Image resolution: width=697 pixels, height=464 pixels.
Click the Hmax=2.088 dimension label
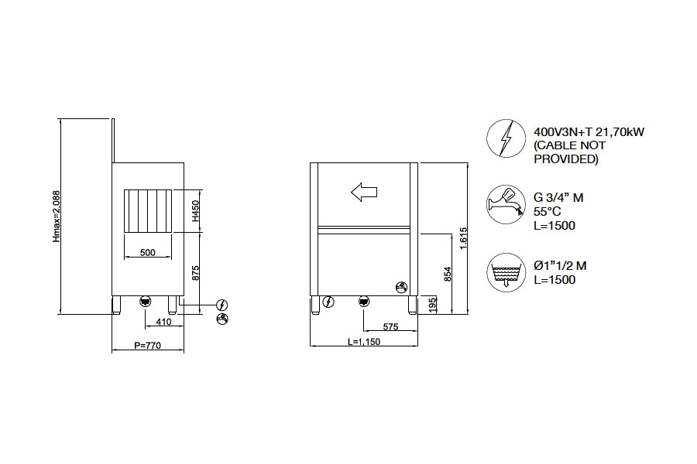[57, 217]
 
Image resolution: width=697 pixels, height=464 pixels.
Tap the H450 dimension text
[196, 211]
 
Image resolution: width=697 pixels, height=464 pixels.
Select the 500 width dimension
[148, 252]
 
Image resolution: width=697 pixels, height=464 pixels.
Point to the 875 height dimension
[196, 273]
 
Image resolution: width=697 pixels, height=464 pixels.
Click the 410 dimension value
[163, 322]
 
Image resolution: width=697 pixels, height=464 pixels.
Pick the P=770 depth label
[148, 345]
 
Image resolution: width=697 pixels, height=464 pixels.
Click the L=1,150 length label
[364, 342]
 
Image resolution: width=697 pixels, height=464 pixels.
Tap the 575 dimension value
[390, 327]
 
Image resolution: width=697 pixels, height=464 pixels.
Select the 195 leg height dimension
[432, 305]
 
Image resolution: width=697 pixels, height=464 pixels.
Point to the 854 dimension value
[448, 274]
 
